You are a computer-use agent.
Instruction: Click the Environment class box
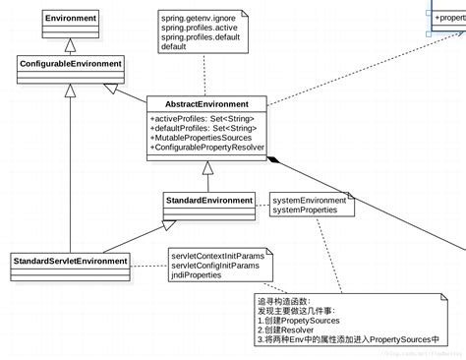point(70,18)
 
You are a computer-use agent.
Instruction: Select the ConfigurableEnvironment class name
point(70,64)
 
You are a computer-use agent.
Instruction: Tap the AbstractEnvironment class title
point(206,103)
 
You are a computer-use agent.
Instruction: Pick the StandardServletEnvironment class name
point(70,261)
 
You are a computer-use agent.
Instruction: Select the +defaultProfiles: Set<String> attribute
point(204,128)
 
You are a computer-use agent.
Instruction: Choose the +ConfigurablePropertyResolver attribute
point(207,148)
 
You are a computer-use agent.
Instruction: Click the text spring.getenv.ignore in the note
point(197,17)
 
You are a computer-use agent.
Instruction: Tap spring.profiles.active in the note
point(200,27)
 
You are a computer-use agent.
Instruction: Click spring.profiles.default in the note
point(201,36)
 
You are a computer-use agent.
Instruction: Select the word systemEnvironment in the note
point(309,200)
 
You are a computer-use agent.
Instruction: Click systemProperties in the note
point(304,210)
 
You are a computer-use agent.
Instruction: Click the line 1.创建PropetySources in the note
point(299,320)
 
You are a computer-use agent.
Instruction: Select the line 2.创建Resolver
point(288,330)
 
